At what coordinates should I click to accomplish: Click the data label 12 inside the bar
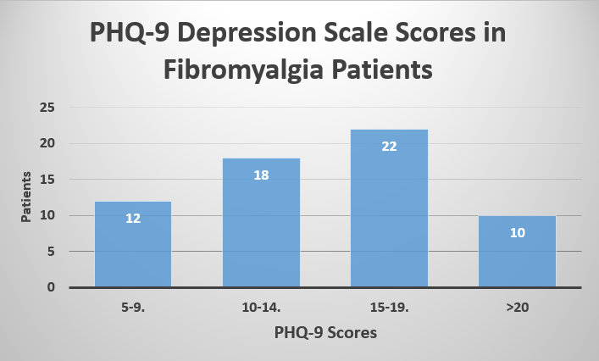coord(133,218)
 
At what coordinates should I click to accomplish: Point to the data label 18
coord(261,175)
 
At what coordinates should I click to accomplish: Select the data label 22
coord(389,146)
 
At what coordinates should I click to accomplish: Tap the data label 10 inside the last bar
coord(517,232)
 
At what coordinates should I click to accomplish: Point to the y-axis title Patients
coord(26,197)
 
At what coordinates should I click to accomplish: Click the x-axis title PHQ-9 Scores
coord(325,333)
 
